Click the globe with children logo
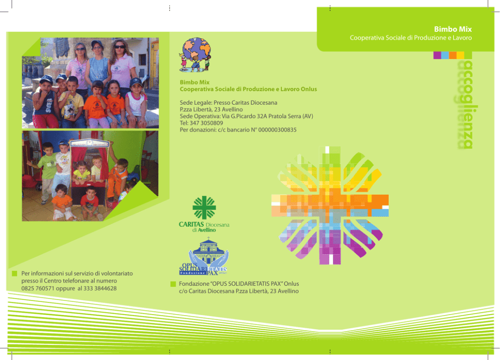coord(195,54)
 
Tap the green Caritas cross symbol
coord(204,208)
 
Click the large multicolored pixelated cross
coord(330,205)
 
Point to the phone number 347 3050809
coord(206,123)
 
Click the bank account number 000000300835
coord(277,130)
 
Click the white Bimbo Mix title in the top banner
coord(453,29)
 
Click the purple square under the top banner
coord(437,55)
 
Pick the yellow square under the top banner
coord(460,55)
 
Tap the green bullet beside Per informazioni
coord(14,274)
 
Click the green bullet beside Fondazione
coord(173,284)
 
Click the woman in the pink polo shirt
coord(122,64)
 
